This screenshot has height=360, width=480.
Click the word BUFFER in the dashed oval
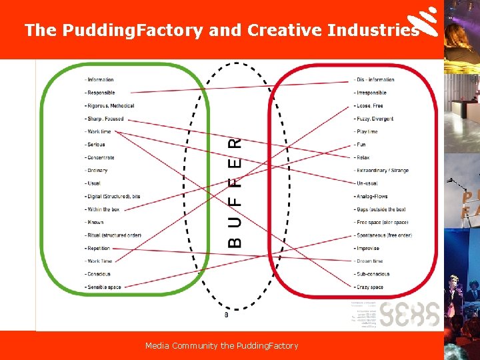(235, 193)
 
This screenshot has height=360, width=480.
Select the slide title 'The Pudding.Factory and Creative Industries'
(221, 30)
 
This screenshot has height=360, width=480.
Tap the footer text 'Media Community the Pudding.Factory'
(222, 345)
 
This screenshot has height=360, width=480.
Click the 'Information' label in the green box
(100, 80)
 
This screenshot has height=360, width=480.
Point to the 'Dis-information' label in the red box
(375, 80)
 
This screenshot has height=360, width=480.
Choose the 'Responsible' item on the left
(101, 93)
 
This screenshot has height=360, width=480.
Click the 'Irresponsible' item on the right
(371, 93)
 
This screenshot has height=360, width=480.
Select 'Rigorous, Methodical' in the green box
(111, 106)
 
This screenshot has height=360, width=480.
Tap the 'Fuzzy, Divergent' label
(375, 119)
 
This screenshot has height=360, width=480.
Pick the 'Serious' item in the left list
(96, 145)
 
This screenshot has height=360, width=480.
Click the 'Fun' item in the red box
(361, 145)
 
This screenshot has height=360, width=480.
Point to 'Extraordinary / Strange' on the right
(382, 171)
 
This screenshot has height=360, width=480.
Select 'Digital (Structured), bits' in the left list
(113, 197)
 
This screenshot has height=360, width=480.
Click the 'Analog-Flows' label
(372, 197)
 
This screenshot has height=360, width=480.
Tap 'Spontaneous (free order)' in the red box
(384, 235)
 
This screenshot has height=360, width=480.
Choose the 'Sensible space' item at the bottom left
(104, 287)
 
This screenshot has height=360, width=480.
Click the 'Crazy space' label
(369, 287)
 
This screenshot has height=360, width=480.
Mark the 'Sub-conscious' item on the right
(373, 274)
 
